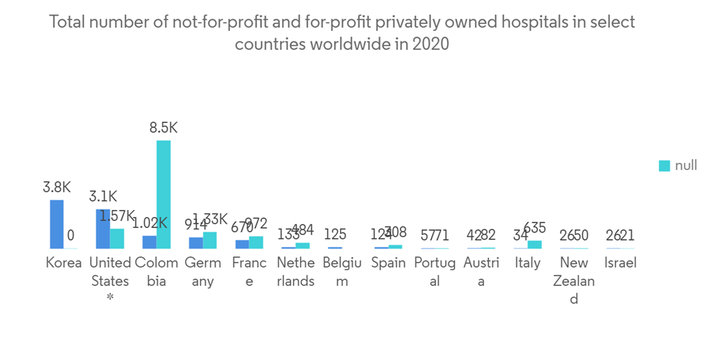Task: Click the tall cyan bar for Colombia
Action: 164,194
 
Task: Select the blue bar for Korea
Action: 56,224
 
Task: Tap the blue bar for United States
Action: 103,229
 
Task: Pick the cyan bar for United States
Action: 117,239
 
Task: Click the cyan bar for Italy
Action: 535,244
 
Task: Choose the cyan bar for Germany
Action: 210,240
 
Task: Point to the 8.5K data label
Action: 164,129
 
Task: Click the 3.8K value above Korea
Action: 56,188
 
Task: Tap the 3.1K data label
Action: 103,196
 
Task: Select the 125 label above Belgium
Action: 335,234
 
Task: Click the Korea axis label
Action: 64,263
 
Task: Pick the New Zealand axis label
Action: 574,281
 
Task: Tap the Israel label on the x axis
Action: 620,263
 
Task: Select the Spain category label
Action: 388,263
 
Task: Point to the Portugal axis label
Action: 435,271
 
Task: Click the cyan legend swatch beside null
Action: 664,166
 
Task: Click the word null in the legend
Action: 685,166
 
